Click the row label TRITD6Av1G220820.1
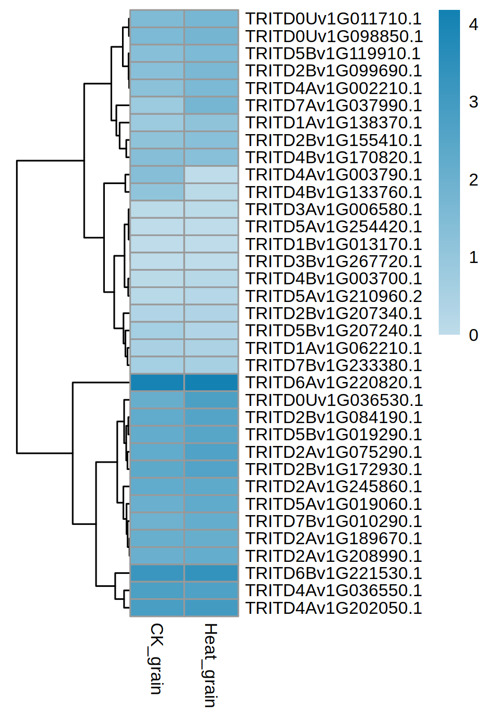pos(333,383)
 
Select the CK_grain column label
pos(157,659)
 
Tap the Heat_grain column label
pos(210,665)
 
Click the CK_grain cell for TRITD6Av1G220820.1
pos(157,383)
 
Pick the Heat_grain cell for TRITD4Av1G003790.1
pos(211,175)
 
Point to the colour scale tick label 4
pos(473,24)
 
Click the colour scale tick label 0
pos(473,335)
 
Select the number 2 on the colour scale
pos(473,180)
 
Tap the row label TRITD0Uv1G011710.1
pos(333,19)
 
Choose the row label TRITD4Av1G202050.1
pos(333,608)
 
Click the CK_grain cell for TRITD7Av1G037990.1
pos(157,106)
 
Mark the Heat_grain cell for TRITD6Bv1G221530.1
pos(211,573)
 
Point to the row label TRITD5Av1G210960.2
pos(333,296)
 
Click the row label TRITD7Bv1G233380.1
pos(333,365)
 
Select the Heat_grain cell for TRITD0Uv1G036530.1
pos(211,400)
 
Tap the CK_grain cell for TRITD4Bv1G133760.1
pos(157,192)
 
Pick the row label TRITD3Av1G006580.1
pos(333,209)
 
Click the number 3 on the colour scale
pos(473,102)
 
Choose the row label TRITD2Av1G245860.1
pos(333,487)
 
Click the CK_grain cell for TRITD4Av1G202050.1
pos(157,608)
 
